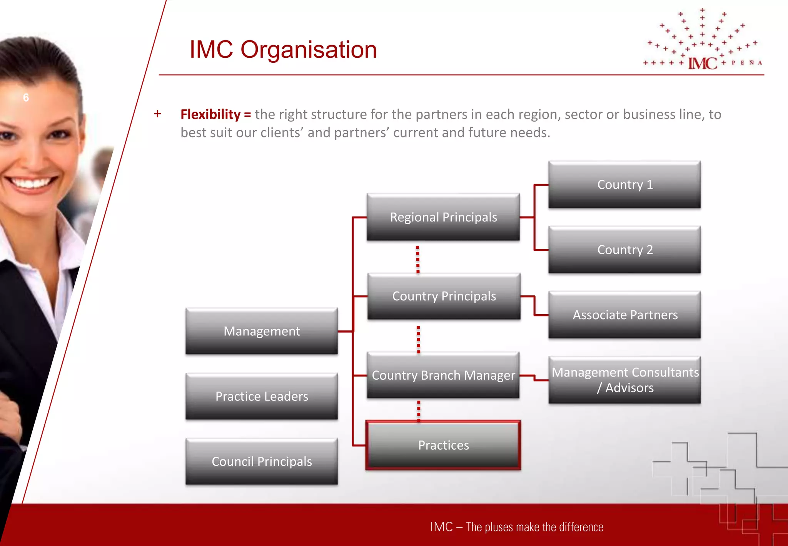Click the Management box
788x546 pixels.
pos(262,331)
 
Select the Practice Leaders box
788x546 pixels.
pos(262,396)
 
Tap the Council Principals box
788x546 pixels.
pos(262,461)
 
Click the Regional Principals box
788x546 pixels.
pos(443,217)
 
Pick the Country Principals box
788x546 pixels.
pos(444,296)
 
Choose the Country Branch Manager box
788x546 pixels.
pos(443,375)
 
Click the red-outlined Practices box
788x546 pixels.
pos(443,445)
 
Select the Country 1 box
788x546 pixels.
pos(624,184)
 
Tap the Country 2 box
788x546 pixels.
pos(624,250)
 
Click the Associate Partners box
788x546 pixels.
pos(624,315)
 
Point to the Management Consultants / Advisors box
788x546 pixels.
pos(624,380)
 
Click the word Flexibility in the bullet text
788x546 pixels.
pos(210,114)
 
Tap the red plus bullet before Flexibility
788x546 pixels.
pos(157,114)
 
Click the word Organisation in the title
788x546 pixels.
pos(309,50)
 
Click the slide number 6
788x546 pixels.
pos(26,98)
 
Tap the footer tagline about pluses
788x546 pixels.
pos(516,527)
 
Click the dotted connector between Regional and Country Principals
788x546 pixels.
pos(418,259)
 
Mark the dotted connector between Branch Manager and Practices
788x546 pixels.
pos(419,410)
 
